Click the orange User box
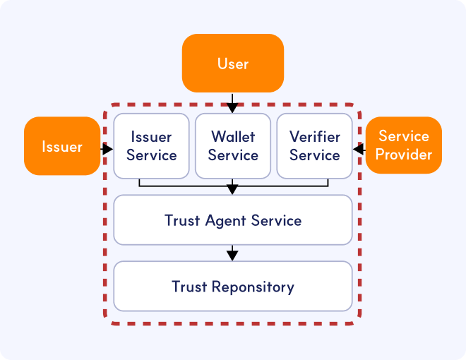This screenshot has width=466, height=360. click(233, 64)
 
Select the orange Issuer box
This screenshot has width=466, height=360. click(62, 146)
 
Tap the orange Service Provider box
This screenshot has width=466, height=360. click(403, 145)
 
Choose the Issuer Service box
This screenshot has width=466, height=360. click(151, 146)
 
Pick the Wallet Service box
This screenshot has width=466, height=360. click(233, 146)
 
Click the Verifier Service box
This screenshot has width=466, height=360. click(315, 146)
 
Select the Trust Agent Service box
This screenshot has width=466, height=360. click(233, 220)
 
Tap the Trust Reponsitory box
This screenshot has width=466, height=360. click(233, 286)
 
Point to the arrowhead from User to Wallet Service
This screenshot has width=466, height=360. click(233, 108)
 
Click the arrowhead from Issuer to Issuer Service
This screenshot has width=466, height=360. click(109, 149)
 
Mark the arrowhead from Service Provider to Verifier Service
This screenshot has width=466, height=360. click(357, 149)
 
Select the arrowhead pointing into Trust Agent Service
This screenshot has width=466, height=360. click(233, 190)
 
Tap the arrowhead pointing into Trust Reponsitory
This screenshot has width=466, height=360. click(233, 256)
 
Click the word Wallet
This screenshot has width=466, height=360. click(233, 137)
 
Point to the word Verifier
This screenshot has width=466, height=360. click(315, 137)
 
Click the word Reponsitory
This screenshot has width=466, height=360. click(253, 287)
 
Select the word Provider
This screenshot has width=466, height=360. click(403, 155)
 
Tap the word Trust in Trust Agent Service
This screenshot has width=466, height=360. click(182, 220)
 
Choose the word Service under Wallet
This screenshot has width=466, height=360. click(233, 155)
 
